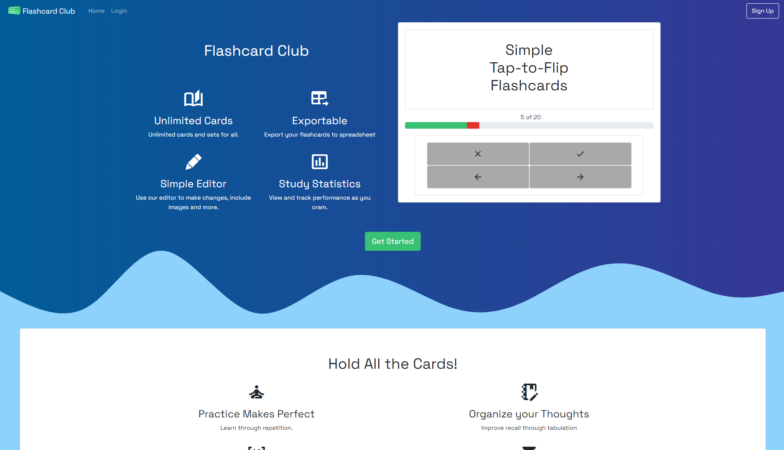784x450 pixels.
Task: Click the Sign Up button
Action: pyautogui.click(x=762, y=11)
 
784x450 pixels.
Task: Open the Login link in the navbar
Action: pyautogui.click(x=119, y=11)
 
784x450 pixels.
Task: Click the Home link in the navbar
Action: pyautogui.click(x=96, y=11)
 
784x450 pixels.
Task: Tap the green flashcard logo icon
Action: pyautogui.click(x=14, y=10)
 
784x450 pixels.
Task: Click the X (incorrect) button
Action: pyautogui.click(x=478, y=154)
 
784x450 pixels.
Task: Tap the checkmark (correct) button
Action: pyautogui.click(x=580, y=154)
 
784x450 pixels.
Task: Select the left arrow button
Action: pyautogui.click(x=478, y=177)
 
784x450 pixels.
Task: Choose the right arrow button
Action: pyautogui.click(x=580, y=177)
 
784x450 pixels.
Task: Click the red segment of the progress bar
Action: pyautogui.click(x=473, y=125)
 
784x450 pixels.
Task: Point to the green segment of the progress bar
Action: pyautogui.click(x=436, y=125)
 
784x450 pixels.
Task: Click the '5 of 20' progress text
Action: pyautogui.click(x=531, y=117)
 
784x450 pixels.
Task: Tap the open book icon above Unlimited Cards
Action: pyautogui.click(x=193, y=98)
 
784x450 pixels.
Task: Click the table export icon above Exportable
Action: pyautogui.click(x=320, y=98)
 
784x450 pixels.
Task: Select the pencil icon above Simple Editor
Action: pyautogui.click(x=193, y=162)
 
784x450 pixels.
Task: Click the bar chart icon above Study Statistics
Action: pyautogui.click(x=320, y=162)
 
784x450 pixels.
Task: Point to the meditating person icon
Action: pyautogui.click(x=256, y=392)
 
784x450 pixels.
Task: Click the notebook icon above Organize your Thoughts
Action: pyautogui.click(x=529, y=392)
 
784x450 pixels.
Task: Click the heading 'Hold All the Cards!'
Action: pyautogui.click(x=393, y=364)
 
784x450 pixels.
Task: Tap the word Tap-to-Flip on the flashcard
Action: pyautogui.click(x=529, y=68)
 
